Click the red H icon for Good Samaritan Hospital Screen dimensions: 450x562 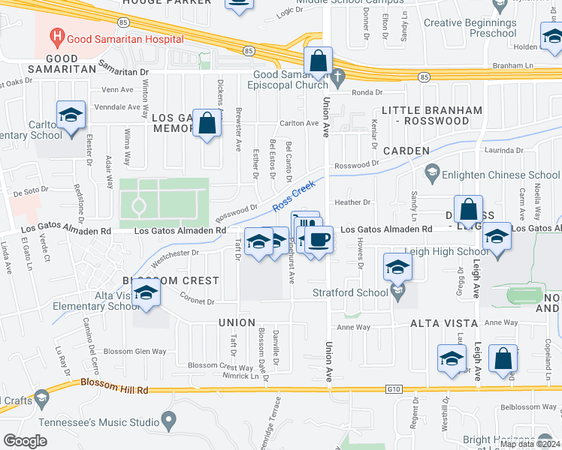[55, 35]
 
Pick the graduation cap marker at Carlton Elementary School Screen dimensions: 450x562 [71, 115]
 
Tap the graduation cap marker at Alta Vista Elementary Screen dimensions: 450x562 [146, 292]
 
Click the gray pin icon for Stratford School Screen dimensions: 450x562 [398, 290]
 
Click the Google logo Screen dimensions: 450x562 [25, 441]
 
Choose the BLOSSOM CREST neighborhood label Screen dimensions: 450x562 [172, 280]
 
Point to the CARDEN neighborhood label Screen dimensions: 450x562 [406, 150]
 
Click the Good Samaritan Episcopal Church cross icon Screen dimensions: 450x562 [339, 75]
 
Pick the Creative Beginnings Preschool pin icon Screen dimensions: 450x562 [498, 7]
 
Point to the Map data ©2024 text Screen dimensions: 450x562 [530, 444]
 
